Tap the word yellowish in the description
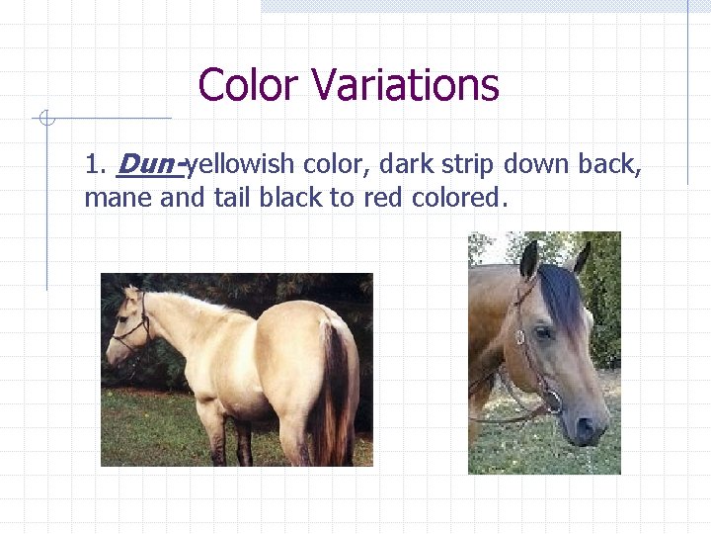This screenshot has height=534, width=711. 242,164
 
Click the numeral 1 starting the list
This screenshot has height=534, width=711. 93,164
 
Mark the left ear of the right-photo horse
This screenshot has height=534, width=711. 530,260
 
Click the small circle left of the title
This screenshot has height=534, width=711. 43,120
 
